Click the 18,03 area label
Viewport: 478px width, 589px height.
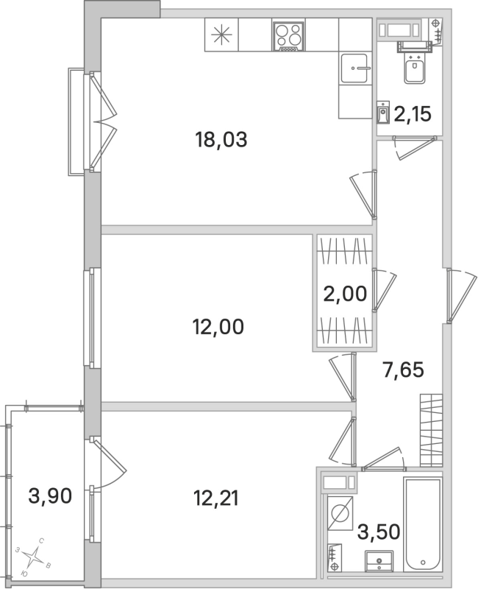coord(221,138)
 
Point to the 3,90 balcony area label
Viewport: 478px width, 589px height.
coord(49,498)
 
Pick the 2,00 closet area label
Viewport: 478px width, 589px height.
coord(344,294)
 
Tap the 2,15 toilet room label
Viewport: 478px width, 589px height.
coord(412,114)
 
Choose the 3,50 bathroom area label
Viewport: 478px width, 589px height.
coord(379,530)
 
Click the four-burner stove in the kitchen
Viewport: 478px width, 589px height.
coord(288,37)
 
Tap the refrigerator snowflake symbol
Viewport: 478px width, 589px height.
coord(221,36)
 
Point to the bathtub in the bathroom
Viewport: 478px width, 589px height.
coord(422,523)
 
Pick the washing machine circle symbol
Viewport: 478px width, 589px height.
coord(340,513)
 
